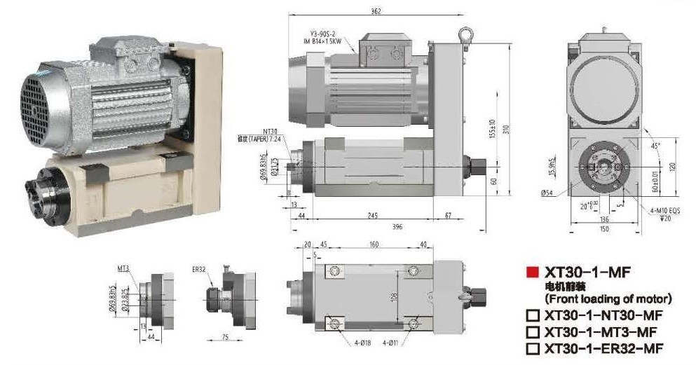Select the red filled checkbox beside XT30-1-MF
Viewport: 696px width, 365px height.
[532, 273]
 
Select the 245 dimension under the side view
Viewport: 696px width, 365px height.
[373, 215]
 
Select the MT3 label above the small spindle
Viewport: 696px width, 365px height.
[123, 268]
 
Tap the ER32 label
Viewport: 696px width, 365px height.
[199, 268]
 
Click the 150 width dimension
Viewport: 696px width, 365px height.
[603, 228]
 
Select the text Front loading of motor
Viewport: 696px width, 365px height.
[608, 298]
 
